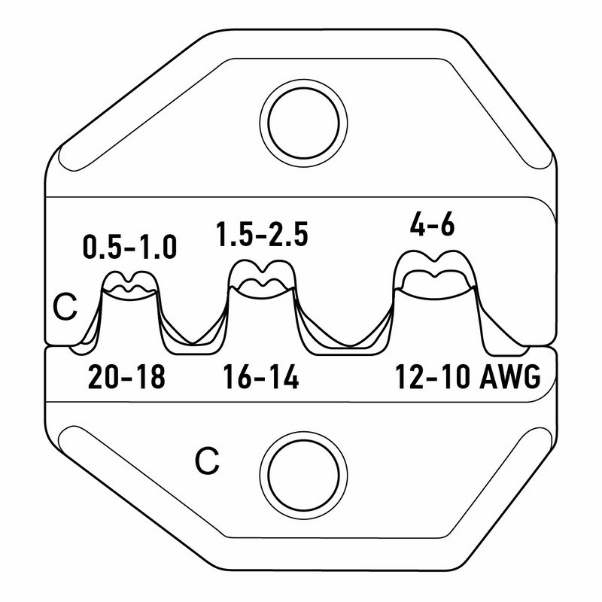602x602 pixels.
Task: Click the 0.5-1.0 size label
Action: [129, 248]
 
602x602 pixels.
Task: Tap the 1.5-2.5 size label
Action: [262, 234]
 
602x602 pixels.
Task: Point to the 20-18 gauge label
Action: [126, 377]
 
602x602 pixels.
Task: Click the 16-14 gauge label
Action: [261, 377]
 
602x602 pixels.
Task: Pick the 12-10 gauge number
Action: [433, 377]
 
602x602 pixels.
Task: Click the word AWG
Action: [510, 377]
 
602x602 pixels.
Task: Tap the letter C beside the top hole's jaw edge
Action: [65, 307]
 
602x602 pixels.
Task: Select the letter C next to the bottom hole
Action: [208, 461]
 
